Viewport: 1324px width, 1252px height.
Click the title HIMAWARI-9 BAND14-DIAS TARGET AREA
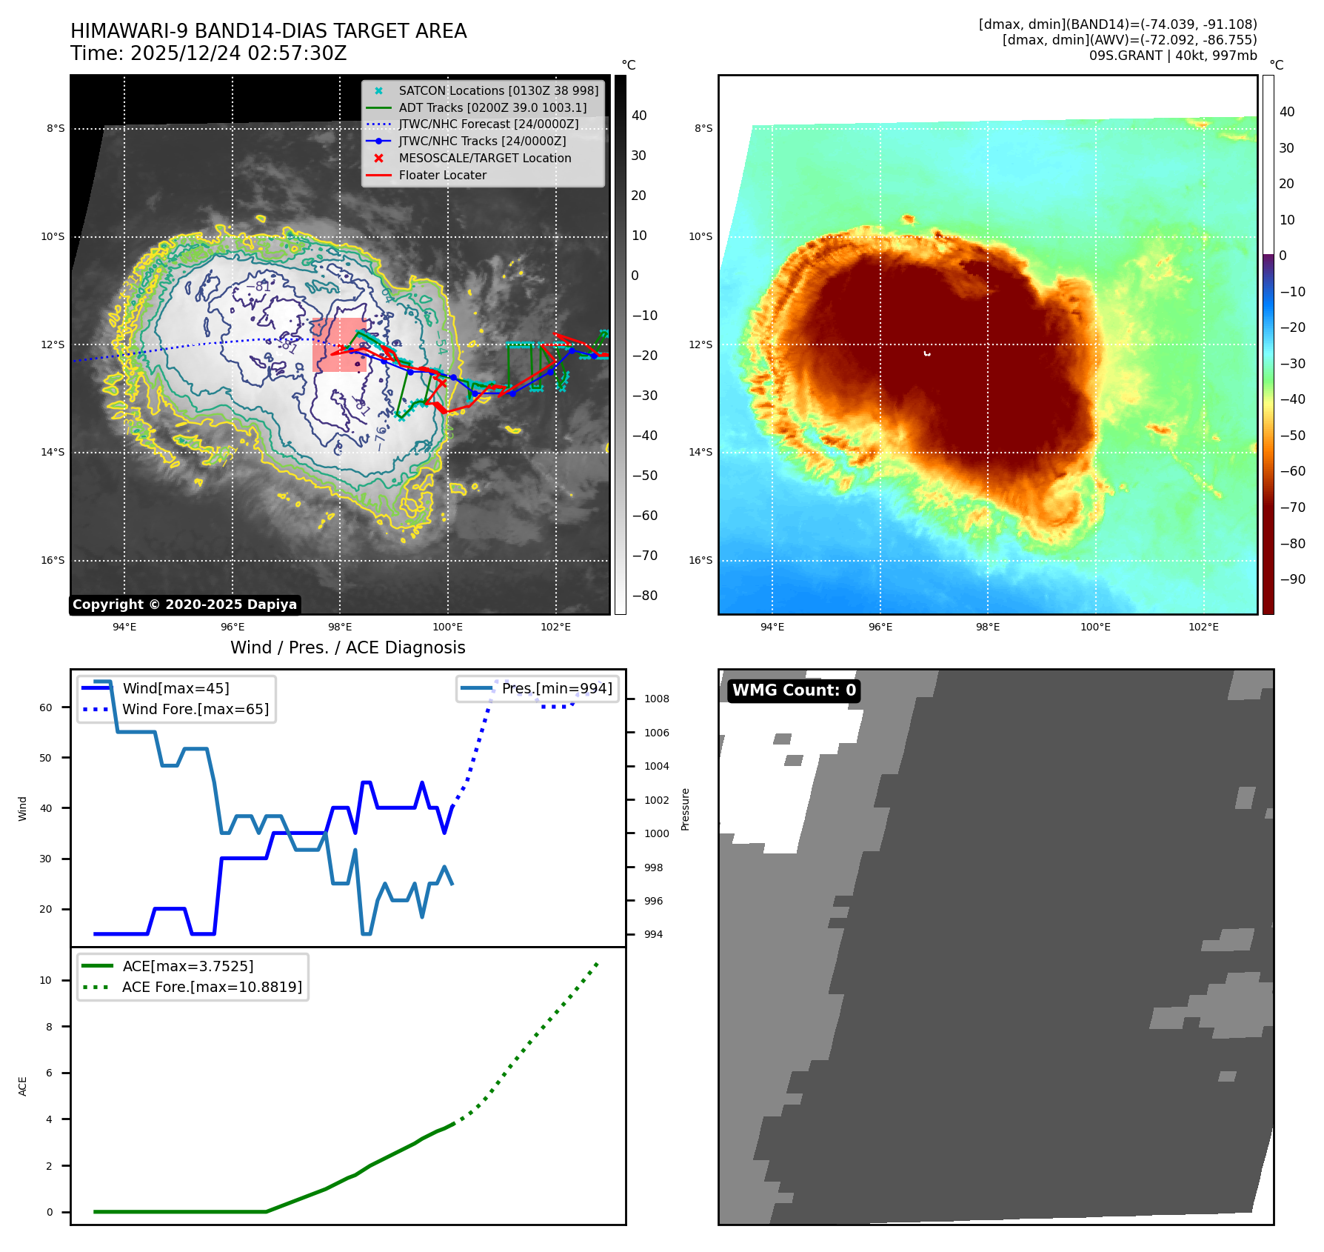(268, 31)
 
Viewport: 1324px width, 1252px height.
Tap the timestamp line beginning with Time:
(208, 53)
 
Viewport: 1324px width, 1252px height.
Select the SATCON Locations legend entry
(498, 90)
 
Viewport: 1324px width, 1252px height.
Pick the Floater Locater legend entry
(442, 176)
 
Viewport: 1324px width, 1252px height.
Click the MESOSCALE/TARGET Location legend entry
(484, 159)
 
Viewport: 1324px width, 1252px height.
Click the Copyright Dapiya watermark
(184, 605)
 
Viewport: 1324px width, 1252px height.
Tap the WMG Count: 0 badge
(793, 690)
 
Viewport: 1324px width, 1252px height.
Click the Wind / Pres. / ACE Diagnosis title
(347, 647)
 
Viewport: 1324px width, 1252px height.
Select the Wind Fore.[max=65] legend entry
(195, 710)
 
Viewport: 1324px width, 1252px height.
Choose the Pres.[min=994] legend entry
(556, 689)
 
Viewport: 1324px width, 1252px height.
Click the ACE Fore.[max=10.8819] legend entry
(212, 988)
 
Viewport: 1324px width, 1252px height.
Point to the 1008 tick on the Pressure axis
(656, 699)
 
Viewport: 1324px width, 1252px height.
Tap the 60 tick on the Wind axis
(46, 707)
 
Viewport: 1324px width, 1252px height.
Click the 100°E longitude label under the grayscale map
(447, 627)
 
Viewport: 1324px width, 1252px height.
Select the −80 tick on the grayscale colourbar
(643, 596)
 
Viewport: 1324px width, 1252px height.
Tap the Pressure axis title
(685, 809)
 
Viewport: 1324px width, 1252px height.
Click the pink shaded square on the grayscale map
(339, 345)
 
